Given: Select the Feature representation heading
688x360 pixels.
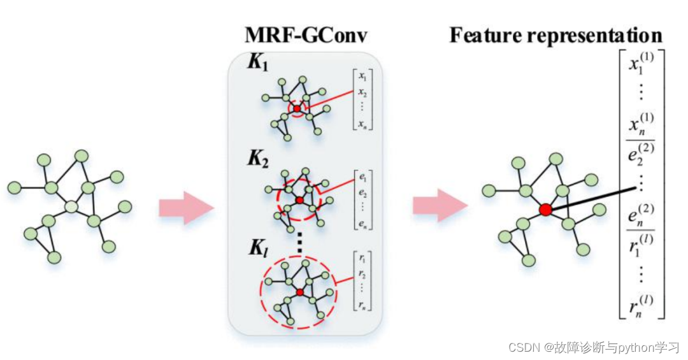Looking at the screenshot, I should tap(555, 35).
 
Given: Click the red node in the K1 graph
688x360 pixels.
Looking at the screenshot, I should tap(297, 109).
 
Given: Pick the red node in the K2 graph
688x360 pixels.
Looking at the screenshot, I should tap(299, 201).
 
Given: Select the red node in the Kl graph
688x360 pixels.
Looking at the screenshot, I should tap(299, 292).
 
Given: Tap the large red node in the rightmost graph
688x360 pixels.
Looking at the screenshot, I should tap(545, 210).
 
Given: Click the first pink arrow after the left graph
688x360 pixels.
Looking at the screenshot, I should tap(185, 206).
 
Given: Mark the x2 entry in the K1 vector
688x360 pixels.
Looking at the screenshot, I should tap(362, 94).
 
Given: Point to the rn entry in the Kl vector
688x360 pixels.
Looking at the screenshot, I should tap(362, 306).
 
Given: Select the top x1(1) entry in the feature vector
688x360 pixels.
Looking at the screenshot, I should tap(641, 65).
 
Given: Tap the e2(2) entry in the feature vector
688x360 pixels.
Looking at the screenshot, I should tap(641, 154).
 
